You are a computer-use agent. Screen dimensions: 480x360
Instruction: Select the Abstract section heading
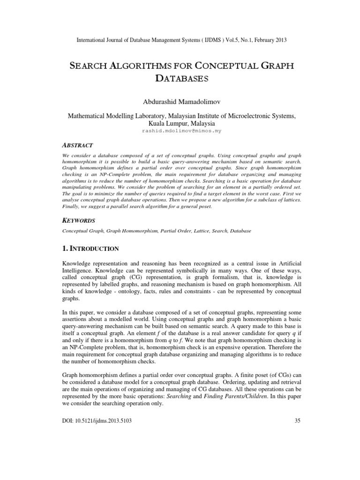tap(78, 145)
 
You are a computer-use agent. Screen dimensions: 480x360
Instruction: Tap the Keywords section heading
tap(79, 220)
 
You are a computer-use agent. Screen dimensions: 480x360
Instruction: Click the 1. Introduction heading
tap(90, 248)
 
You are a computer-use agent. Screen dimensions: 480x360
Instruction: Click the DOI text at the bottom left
tap(97, 421)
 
